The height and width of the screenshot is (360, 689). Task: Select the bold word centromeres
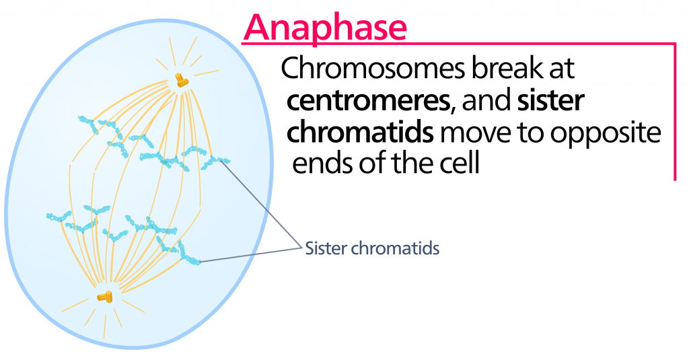tap(367, 102)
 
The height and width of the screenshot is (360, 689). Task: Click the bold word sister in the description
tap(552, 102)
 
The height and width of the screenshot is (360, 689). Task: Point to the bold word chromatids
tap(359, 133)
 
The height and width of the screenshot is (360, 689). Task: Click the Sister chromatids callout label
tap(372, 248)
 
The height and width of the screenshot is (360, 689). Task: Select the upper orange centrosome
tap(180, 80)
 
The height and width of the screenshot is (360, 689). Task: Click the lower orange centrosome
tap(106, 296)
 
